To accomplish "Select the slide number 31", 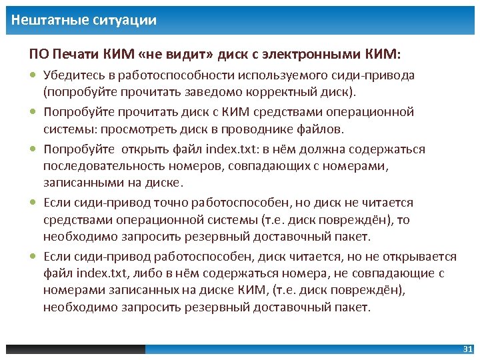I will (x=467, y=349).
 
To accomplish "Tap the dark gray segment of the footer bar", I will (x=75, y=349).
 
